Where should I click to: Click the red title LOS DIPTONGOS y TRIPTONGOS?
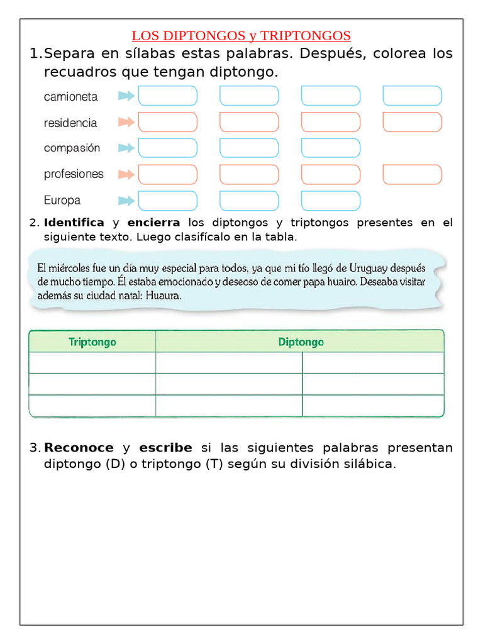(241, 35)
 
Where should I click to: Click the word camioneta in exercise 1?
(70, 96)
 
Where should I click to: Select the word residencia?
(70, 123)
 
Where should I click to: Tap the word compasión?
(72, 148)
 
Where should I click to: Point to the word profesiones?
(74, 174)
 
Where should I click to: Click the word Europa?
(62, 201)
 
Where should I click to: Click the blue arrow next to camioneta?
(126, 96)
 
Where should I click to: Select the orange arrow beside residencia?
(126, 122)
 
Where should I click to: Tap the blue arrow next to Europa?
(126, 201)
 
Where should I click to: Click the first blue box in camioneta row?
(167, 96)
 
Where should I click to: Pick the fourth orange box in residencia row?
(412, 122)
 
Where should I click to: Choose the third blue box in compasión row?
(331, 148)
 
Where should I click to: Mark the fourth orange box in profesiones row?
(412, 174)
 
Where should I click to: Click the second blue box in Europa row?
(249, 201)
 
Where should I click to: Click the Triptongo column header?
(92, 342)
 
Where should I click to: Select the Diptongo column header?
(301, 342)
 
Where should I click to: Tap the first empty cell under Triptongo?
(92, 363)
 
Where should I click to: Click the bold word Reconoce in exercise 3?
(79, 448)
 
